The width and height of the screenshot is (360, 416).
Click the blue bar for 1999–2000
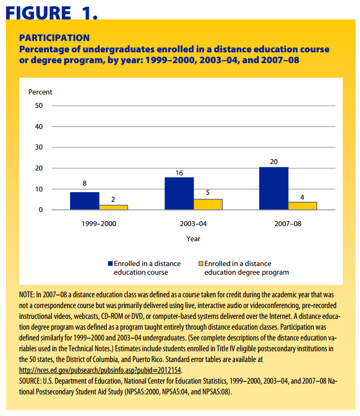pos(85,201)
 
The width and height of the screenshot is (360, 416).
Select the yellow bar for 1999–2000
pos(113,207)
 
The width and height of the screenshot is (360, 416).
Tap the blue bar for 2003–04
pos(179,193)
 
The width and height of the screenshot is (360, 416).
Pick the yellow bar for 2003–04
pos(207,204)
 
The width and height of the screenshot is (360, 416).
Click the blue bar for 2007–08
pos(274,188)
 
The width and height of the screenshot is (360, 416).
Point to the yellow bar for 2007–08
pos(302,206)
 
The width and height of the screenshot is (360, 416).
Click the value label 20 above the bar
pos(274,161)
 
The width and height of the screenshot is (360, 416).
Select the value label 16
pos(179,173)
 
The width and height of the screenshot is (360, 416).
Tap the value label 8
pos(85,183)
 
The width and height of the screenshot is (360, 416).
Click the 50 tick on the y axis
pos(39,106)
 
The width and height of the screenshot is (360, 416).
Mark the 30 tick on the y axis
pos(39,147)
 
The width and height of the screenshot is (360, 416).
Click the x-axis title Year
pos(193,238)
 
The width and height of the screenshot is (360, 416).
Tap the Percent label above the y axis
pos(40,92)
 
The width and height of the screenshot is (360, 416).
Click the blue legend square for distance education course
pos(110,264)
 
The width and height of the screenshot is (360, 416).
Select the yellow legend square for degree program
pos(201,264)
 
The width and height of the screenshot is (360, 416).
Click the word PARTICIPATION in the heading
pos(54,38)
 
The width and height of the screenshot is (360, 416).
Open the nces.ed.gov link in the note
pos(100,370)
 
